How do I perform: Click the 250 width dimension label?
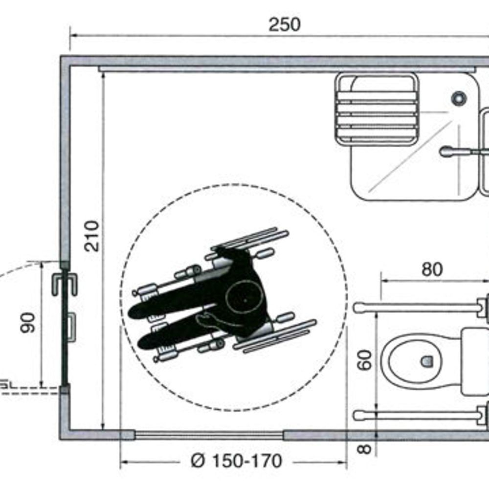285,24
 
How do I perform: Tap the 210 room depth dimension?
92,236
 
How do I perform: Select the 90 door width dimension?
27,322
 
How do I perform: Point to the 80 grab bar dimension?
432,269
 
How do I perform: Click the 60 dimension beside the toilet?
364,360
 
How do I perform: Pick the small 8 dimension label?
364,449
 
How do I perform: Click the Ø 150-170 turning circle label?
236,461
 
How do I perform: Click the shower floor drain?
459,98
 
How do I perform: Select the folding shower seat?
377,110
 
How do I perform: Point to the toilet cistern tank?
475,361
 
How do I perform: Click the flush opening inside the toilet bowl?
426,361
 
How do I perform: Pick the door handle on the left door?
71,328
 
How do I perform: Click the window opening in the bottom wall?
209,435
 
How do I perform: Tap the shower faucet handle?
455,152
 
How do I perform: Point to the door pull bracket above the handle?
65,284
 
